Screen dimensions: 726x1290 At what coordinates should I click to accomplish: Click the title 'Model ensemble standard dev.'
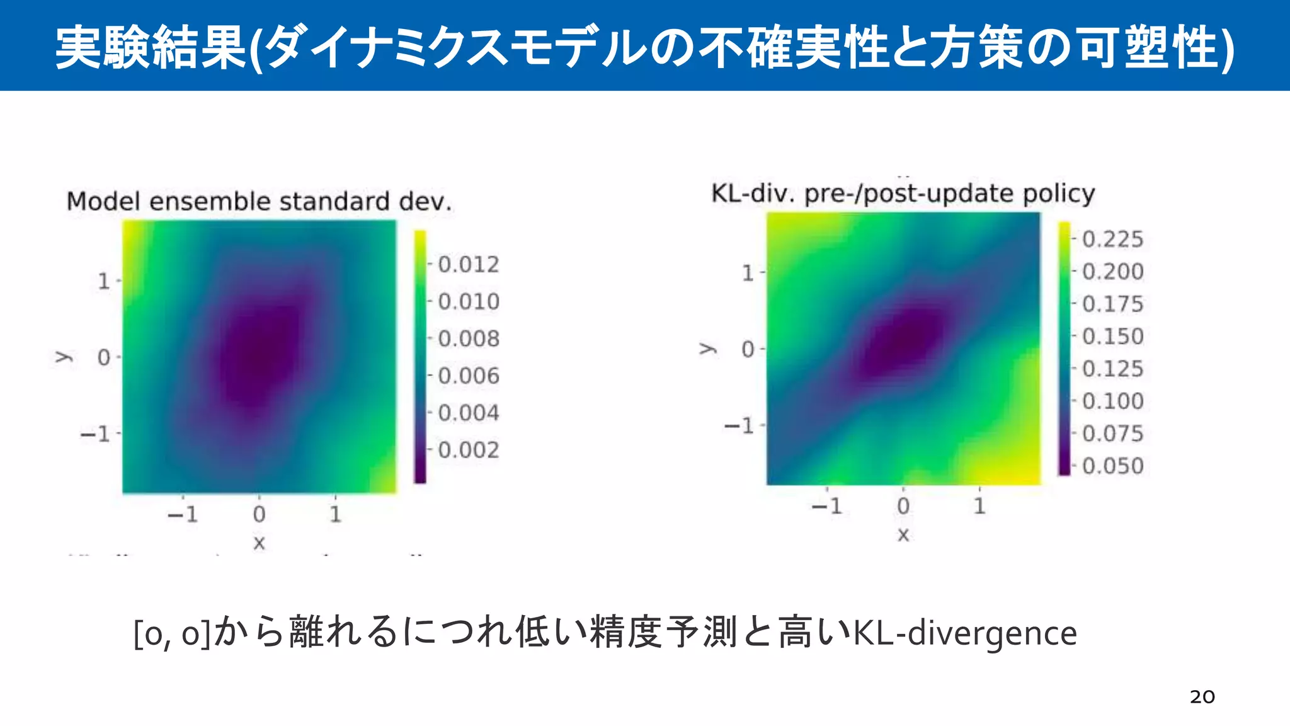pyautogui.click(x=259, y=202)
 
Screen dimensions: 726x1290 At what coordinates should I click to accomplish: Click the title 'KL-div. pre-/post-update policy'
pyautogui.click(x=903, y=193)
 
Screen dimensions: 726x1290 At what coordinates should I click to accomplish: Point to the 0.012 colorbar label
pyautogui.click(x=468, y=265)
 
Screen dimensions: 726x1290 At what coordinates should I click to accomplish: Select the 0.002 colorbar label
pyautogui.click(x=468, y=450)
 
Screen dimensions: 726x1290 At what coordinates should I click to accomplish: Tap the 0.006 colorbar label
pyautogui.click(x=468, y=376)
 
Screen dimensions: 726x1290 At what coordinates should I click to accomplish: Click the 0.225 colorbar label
pyautogui.click(x=1112, y=239)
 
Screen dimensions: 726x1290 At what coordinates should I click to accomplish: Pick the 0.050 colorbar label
pyautogui.click(x=1112, y=466)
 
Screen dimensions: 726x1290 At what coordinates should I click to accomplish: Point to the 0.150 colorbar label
pyautogui.click(x=1112, y=337)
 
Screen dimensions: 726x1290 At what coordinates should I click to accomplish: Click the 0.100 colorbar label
pyautogui.click(x=1112, y=401)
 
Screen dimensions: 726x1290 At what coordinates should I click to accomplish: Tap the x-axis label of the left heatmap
pyautogui.click(x=259, y=543)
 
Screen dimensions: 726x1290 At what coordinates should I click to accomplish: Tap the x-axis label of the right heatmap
pyautogui.click(x=903, y=535)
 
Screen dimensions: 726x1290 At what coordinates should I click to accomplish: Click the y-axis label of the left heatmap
pyautogui.click(x=64, y=357)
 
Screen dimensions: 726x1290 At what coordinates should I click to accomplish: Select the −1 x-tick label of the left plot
pyautogui.click(x=183, y=515)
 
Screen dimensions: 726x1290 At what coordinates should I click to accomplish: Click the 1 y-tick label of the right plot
pyautogui.click(x=748, y=273)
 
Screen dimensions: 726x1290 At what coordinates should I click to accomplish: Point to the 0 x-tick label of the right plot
pyautogui.click(x=903, y=506)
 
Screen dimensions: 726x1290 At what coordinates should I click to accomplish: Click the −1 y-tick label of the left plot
pyautogui.click(x=96, y=434)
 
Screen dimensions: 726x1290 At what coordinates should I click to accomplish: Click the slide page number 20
pyautogui.click(x=1202, y=697)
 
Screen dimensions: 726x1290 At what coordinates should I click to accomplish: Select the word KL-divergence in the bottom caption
pyautogui.click(x=964, y=633)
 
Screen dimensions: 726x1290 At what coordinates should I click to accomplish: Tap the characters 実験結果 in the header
pyautogui.click(x=150, y=47)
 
